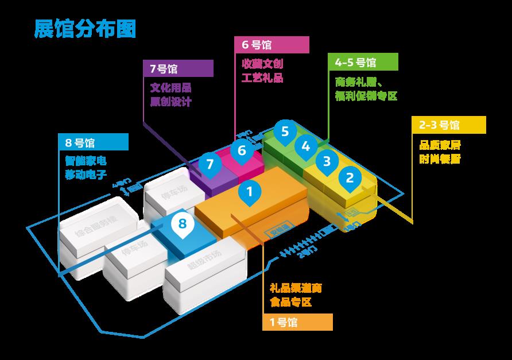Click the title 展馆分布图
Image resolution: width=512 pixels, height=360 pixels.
85,29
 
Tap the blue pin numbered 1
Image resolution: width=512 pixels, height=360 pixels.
249,192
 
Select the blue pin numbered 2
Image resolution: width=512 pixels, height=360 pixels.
350,178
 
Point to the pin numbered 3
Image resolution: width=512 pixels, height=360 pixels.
327,161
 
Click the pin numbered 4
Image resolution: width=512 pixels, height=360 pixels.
306,146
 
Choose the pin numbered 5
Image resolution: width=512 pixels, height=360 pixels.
285,131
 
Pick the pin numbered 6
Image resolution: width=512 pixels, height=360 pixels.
242,150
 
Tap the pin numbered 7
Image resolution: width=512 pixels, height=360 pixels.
210,164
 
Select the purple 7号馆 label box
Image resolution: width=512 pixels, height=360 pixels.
178,68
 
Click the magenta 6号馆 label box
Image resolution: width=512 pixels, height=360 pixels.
271,45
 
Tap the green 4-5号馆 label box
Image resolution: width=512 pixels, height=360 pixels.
362,62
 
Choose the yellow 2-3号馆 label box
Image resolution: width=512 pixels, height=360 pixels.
449,125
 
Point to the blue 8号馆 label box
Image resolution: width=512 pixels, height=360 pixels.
93,141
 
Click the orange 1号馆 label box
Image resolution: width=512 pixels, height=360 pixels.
298,322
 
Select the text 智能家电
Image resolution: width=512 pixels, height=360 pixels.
86,161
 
